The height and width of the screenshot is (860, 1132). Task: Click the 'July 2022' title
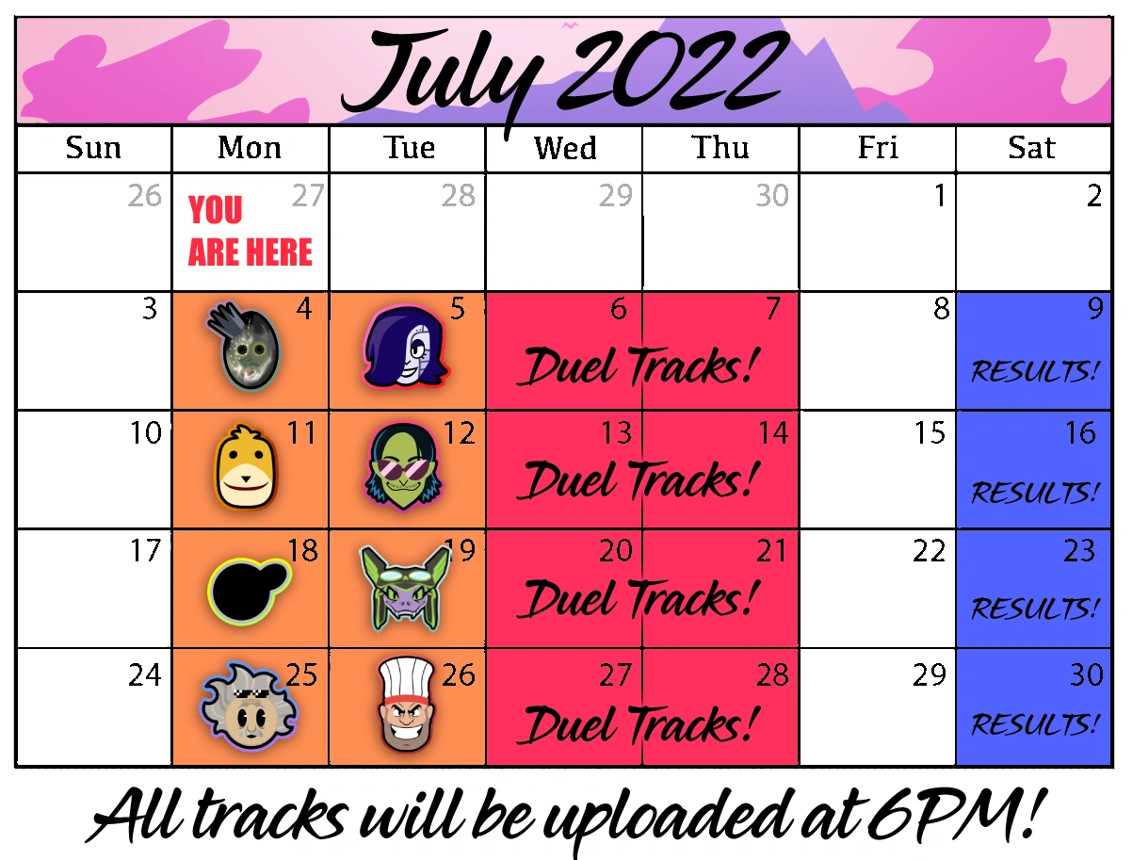[565, 77]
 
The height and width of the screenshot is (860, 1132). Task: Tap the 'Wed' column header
[565, 148]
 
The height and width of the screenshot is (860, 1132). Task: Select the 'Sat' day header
[1032, 148]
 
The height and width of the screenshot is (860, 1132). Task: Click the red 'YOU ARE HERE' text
[251, 231]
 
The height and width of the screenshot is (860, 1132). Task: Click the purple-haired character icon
[405, 346]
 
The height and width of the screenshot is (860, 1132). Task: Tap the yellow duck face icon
[246, 466]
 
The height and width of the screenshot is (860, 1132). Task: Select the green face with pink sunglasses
[404, 466]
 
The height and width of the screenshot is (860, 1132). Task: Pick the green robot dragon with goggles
[405, 589]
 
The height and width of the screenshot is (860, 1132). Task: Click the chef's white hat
[406, 677]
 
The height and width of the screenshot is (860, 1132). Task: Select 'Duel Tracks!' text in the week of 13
[639, 480]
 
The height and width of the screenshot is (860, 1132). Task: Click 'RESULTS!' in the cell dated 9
[1035, 371]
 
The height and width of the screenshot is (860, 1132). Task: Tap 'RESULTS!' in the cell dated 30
[1035, 723]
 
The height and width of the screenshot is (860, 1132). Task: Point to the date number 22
[930, 551]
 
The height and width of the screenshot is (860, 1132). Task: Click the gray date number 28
[458, 195]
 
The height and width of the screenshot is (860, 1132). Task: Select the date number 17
[145, 551]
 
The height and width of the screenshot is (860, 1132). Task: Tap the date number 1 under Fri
[940, 195]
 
